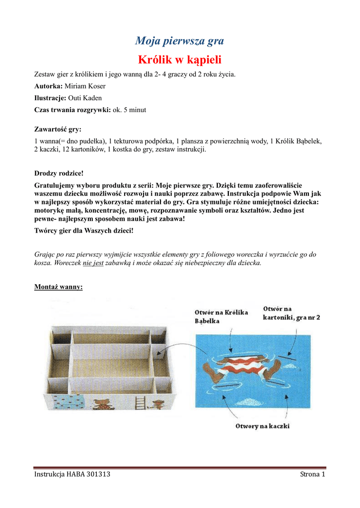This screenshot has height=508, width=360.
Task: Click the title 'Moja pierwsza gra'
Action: tap(179, 41)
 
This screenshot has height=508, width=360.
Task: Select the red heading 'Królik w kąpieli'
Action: tap(179, 60)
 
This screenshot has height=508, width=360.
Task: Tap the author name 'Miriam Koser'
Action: tap(85, 86)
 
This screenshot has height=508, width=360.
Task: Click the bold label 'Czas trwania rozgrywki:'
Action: tap(72, 110)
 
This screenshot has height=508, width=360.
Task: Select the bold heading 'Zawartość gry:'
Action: tap(58, 129)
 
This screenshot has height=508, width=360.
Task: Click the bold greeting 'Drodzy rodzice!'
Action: tap(59, 173)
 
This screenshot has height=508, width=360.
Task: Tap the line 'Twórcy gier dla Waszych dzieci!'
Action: tap(84, 231)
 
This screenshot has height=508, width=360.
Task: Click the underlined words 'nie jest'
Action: tap(93, 263)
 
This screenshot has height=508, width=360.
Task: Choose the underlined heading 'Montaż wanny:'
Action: tap(59, 287)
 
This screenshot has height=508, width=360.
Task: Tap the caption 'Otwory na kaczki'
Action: tap(263, 426)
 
